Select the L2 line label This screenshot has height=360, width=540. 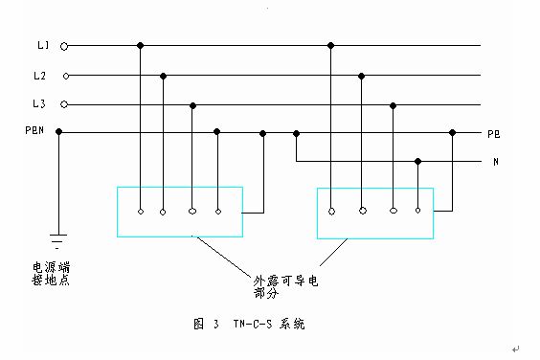pos(39,75)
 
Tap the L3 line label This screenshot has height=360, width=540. pos(39,103)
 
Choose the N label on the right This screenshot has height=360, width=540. pos(495,162)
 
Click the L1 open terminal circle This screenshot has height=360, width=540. pos(64,45)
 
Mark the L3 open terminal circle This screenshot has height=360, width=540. pos(64,103)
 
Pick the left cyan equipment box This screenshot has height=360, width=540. pos(179,211)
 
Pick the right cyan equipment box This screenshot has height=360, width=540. pos(373,211)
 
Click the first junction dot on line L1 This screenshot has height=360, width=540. pos(141,45)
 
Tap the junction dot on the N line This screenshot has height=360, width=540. pos(417,162)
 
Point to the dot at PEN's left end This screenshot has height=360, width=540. pos(59,132)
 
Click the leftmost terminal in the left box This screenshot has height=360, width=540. pos(141,210)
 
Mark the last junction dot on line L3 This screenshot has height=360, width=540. pos(393,103)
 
